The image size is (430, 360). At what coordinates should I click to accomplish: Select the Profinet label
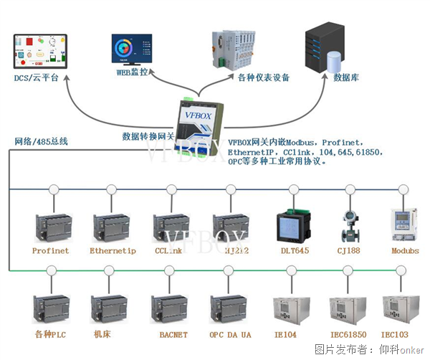[50, 251]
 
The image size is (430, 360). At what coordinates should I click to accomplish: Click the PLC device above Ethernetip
[112, 225]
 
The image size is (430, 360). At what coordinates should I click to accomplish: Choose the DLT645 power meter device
[292, 225]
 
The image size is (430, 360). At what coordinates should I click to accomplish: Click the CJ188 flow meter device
[350, 224]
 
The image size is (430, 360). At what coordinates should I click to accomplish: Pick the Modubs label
[405, 251]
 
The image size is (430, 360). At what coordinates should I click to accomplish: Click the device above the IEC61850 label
[349, 307]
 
